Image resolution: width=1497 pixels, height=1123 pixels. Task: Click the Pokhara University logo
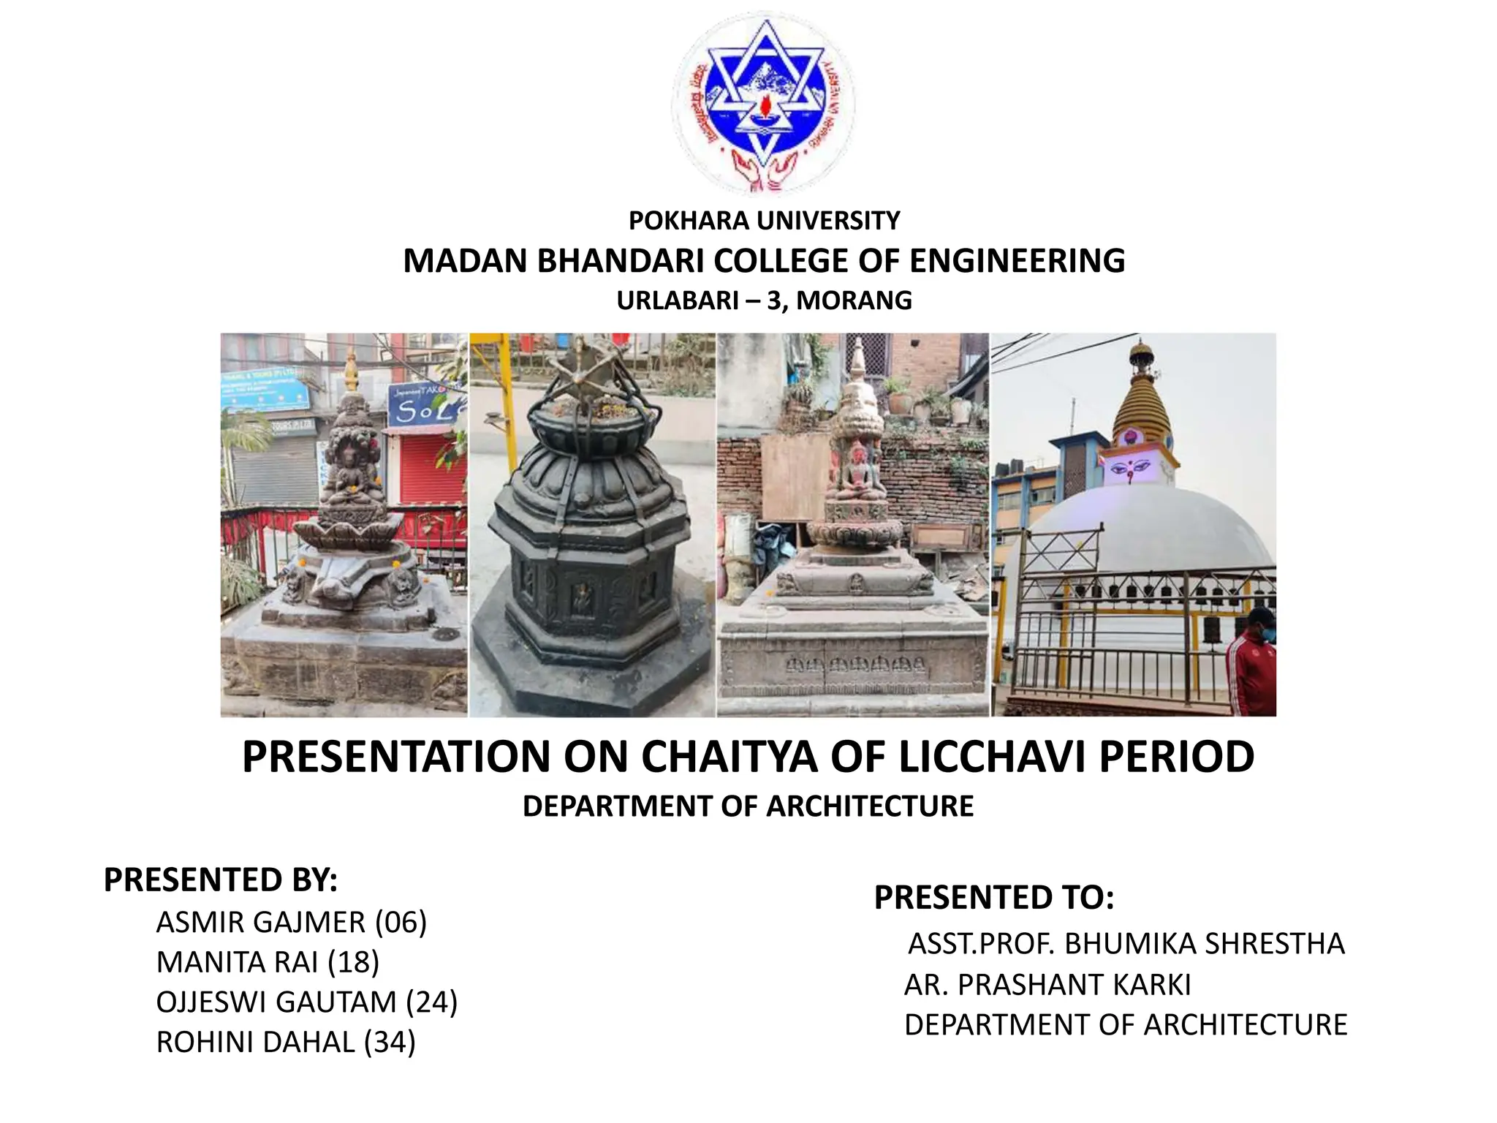763,105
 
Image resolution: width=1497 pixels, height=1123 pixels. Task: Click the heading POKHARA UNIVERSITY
764,221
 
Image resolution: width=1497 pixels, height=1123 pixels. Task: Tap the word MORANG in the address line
854,300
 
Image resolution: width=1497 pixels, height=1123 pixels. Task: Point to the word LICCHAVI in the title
992,757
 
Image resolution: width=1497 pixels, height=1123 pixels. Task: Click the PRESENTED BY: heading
221,880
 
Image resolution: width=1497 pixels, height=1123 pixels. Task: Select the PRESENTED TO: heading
994,897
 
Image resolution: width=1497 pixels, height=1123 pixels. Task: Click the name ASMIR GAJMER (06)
291,923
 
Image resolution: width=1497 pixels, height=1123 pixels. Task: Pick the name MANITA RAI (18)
268,962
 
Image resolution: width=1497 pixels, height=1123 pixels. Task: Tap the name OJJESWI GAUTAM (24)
306,1002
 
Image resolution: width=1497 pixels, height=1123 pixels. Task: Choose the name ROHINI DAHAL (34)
286,1043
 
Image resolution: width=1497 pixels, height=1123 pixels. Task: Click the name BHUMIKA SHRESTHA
1204,944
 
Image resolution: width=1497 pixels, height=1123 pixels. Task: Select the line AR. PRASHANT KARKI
1047,985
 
